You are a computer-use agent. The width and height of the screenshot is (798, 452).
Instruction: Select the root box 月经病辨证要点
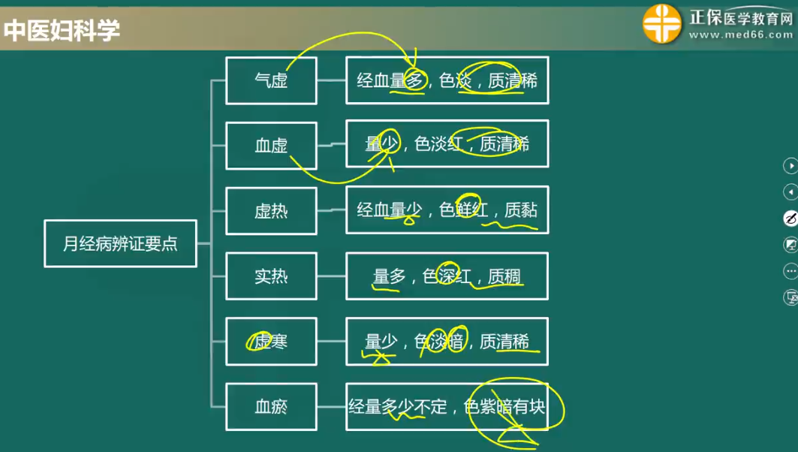pyautogui.click(x=120, y=243)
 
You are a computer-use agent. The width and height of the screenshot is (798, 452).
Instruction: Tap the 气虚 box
pyautogui.click(x=271, y=80)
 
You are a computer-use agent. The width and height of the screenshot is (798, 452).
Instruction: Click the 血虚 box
pyautogui.click(x=271, y=146)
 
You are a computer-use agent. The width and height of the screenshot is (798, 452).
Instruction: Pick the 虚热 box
pyautogui.click(x=271, y=211)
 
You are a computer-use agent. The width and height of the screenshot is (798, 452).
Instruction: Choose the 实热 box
pyautogui.click(x=271, y=276)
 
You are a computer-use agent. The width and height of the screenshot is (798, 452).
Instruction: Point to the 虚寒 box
pyautogui.click(x=271, y=342)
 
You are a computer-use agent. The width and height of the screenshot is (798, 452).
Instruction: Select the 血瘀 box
pyautogui.click(x=271, y=407)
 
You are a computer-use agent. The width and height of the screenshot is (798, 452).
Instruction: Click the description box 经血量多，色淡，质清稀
pyautogui.click(x=447, y=80)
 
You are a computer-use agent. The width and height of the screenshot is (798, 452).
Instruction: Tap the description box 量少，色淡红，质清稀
pyautogui.click(x=447, y=144)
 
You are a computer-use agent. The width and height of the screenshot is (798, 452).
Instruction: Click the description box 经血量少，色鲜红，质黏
pyautogui.click(x=447, y=210)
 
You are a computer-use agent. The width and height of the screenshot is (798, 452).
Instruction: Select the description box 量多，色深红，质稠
pyautogui.click(x=447, y=276)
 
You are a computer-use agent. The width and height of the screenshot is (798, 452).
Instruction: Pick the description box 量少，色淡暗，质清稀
pyautogui.click(x=447, y=342)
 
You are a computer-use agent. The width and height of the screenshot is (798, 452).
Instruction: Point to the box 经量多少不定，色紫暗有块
pyautogui.click(x=447, y=407)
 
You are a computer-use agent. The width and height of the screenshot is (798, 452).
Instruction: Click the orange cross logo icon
pyautogui.click(x=662, y=24)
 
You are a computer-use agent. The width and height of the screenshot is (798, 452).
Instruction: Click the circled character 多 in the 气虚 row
pyautogui.click(x=415, y=80)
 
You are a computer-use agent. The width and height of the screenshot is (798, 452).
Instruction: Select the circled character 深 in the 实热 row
pyautogui.click(x=447, y=276)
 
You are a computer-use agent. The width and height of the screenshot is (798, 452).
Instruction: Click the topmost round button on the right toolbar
pyautogui.click(x=790, y=165)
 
